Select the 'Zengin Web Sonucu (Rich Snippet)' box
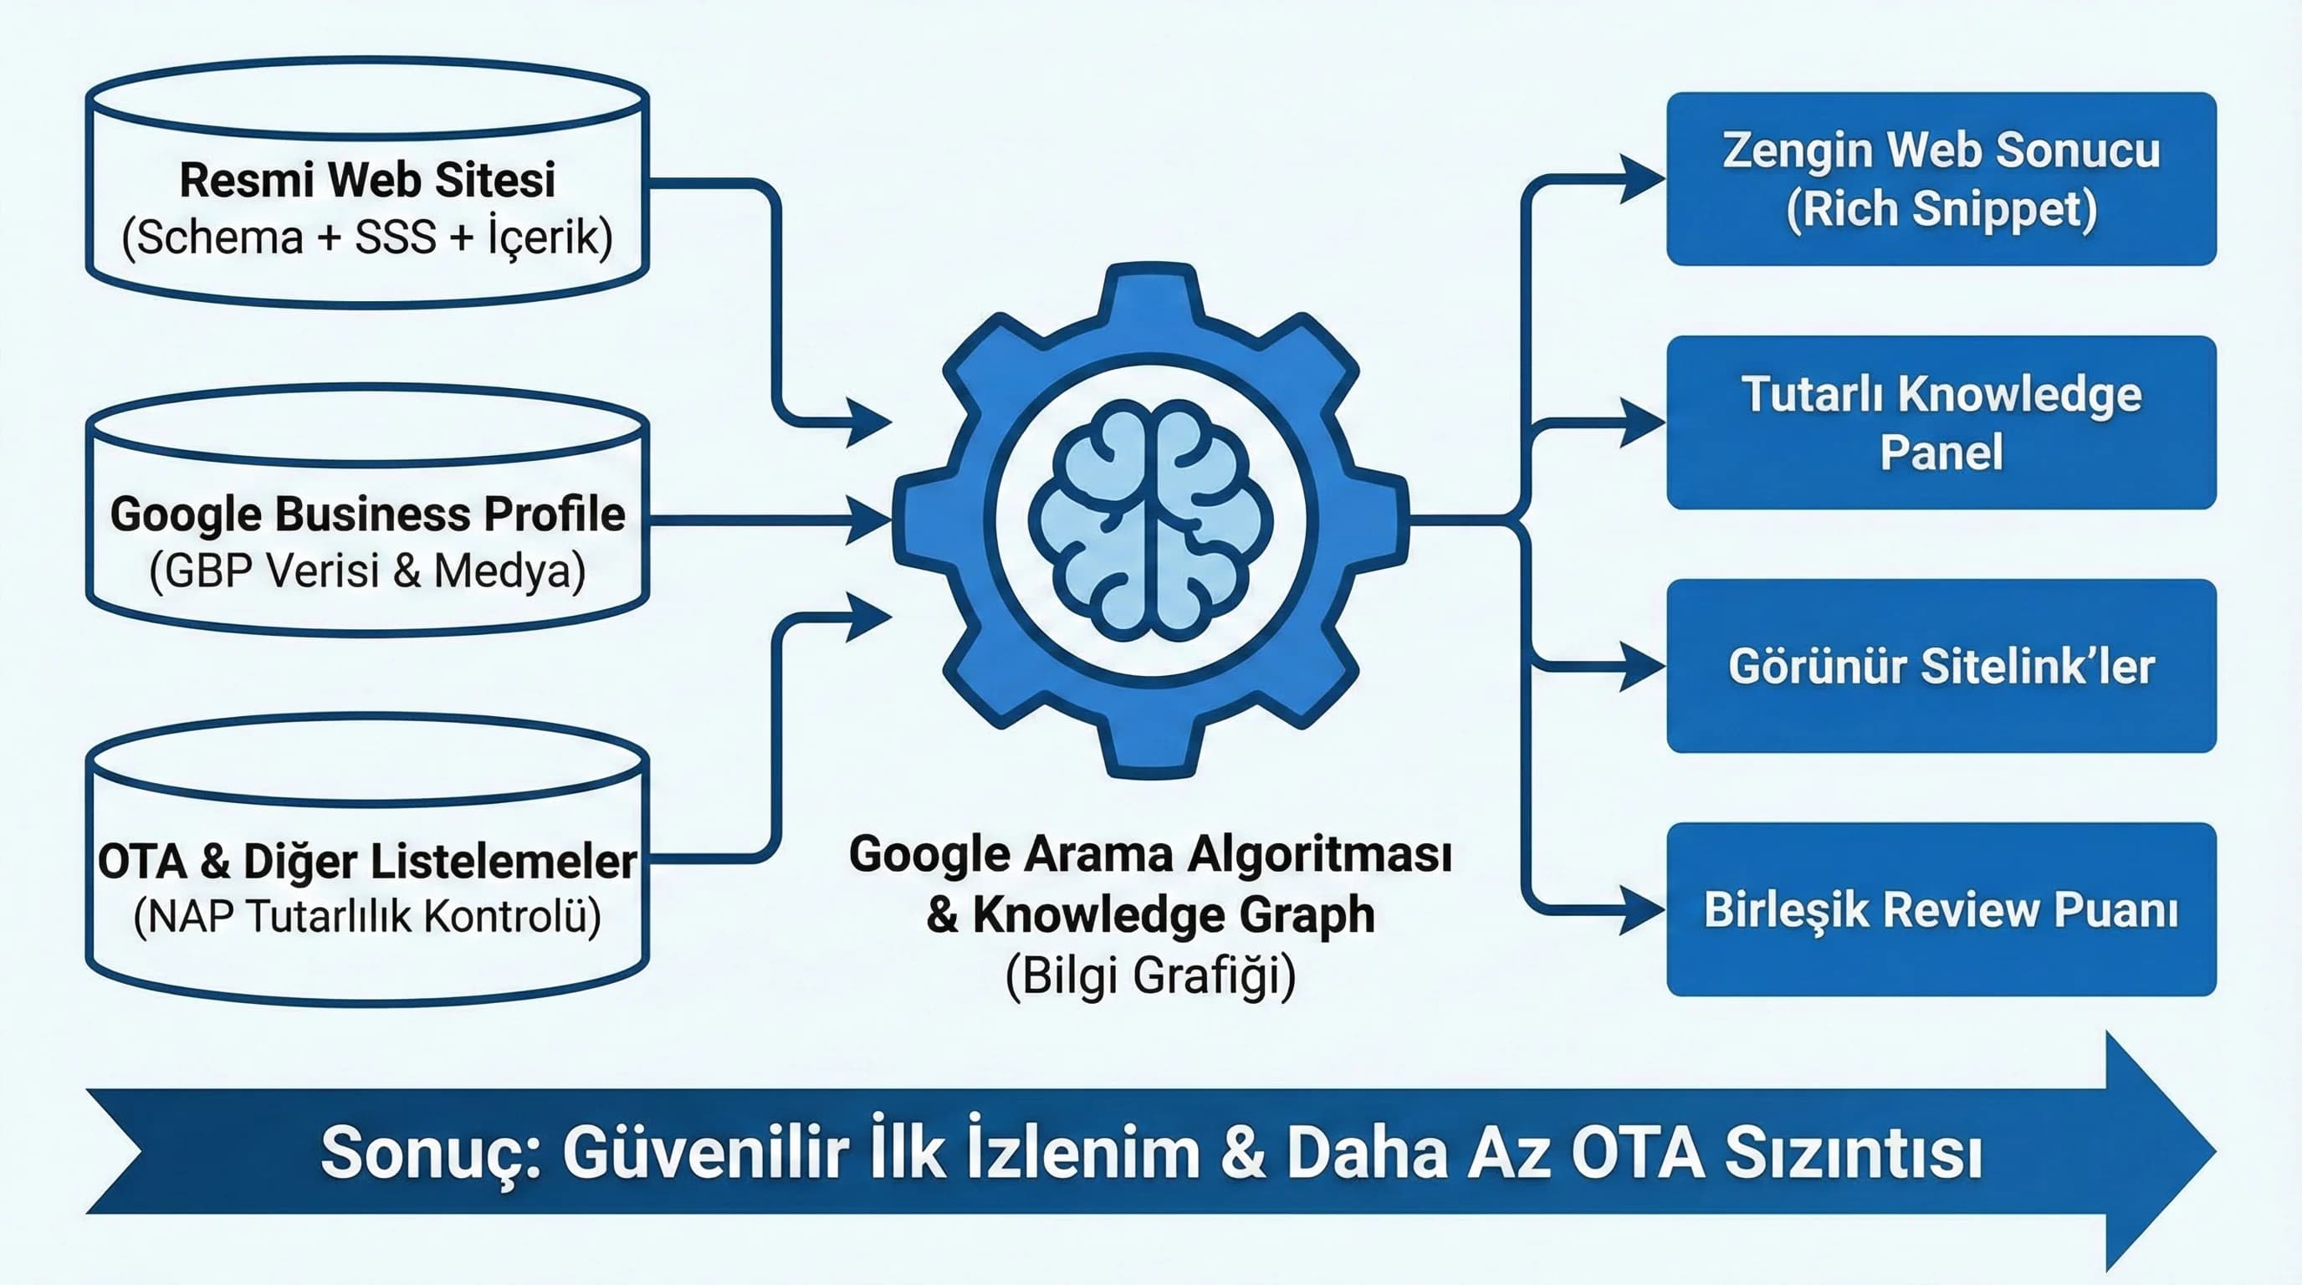(1941, 179)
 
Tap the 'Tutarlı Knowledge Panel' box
(1941, 422)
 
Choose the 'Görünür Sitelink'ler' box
(1941, 666)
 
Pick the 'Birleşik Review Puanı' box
(1941, 909)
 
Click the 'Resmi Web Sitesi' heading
(367, 180)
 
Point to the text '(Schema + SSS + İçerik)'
(367, 238)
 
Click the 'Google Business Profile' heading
(367, 514)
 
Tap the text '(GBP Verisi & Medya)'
(367, 571)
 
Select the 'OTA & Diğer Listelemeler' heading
(367, 862)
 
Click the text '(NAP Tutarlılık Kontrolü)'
(367, 916)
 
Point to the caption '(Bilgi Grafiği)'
(1151, 975)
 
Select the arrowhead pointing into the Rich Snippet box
(1643, 179)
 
